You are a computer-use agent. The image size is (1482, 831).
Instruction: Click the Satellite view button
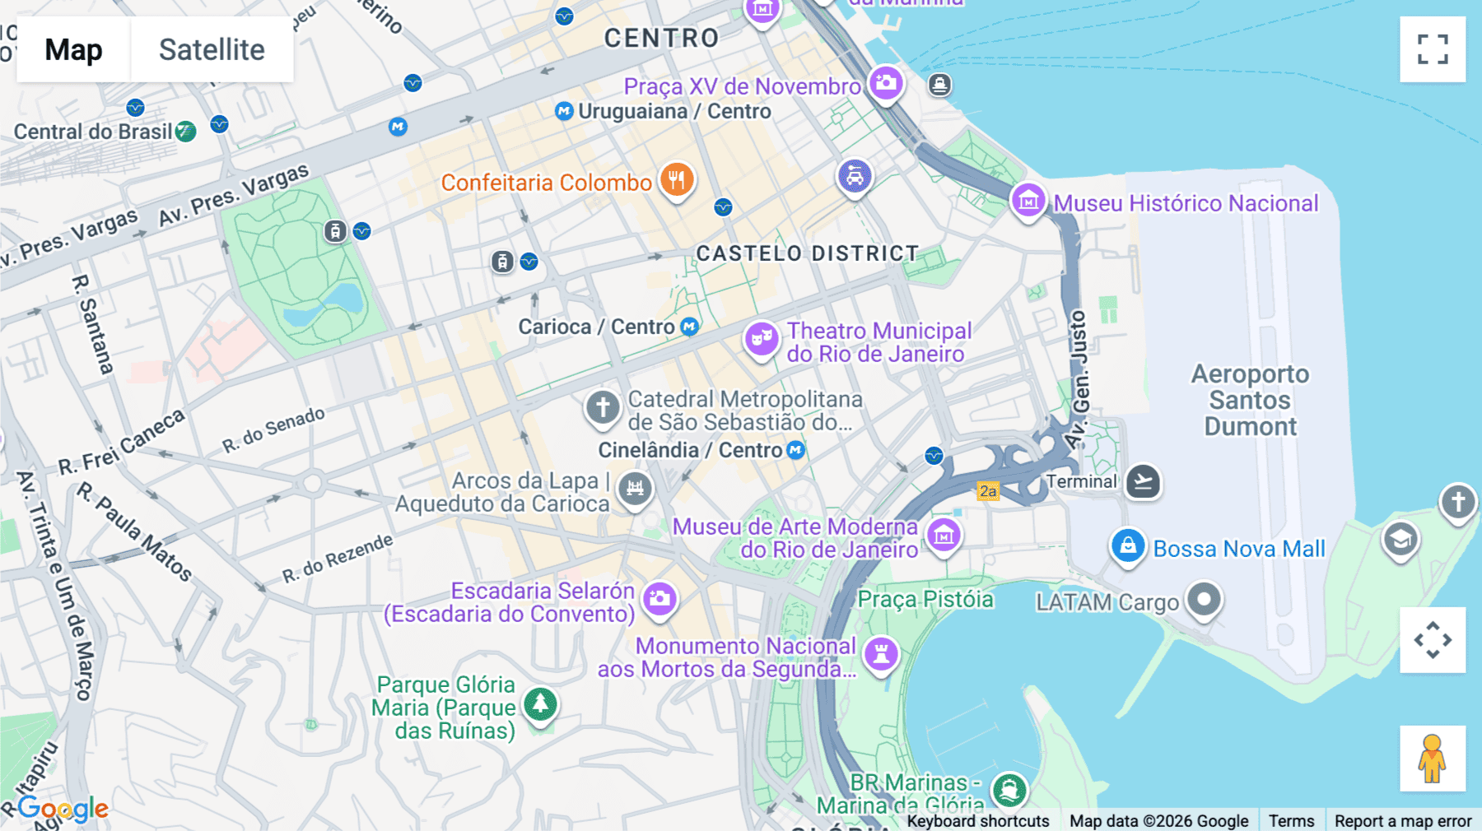(212, 49)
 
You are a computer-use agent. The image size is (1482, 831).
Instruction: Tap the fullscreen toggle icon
(1432, 49)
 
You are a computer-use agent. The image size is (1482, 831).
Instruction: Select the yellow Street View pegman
(1432, 758)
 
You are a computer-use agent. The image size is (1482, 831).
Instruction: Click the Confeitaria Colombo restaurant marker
(676, 179)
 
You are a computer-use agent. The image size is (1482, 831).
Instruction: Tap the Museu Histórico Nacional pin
(1028, 200)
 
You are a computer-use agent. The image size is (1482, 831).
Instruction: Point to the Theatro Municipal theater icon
(762, 337)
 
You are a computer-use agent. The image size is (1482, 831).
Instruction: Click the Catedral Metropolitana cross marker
(603, 406)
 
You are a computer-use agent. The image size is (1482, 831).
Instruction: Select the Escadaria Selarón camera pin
(659, 598)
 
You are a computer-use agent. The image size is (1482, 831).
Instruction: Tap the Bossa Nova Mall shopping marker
(1128, 545)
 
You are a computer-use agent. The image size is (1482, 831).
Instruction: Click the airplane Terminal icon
(1143, 481)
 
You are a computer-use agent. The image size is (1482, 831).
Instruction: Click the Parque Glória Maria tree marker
(541, 703)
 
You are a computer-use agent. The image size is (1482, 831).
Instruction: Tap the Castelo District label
(807, 253)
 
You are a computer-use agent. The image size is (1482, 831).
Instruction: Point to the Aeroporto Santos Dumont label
(1250, 400)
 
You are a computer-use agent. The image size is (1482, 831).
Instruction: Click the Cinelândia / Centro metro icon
(795, 450)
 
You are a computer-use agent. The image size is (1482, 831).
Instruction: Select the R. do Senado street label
(273, 429)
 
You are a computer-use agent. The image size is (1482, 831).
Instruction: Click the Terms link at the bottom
(1291, 820)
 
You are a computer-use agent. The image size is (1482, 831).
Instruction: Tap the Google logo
(63, 809)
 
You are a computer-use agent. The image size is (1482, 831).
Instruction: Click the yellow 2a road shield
(987, 491)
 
